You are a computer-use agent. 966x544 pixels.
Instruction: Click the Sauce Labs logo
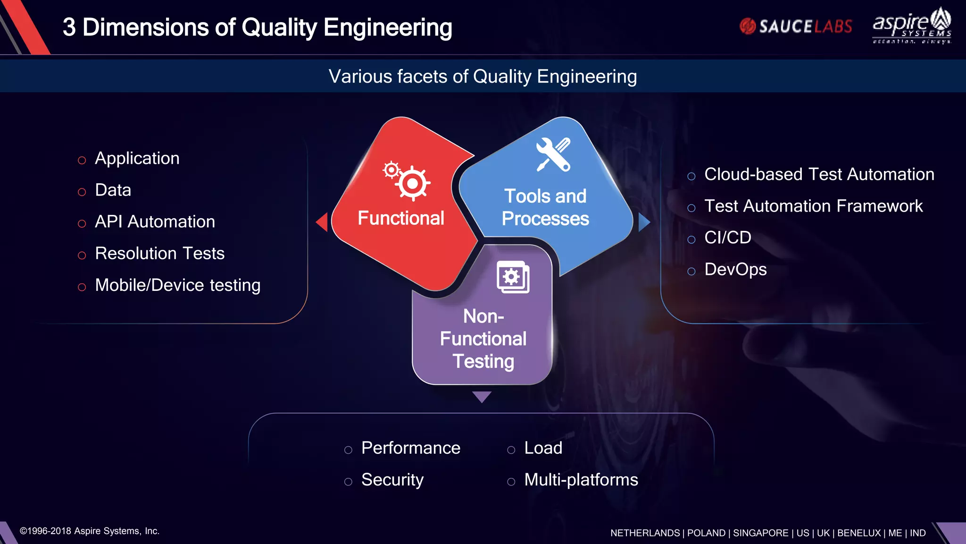coord(796,26)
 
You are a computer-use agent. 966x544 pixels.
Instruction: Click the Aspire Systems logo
coord(912,26)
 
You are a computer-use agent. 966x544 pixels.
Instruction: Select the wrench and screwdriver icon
coord(553,154)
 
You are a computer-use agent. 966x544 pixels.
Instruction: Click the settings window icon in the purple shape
coord(513,277)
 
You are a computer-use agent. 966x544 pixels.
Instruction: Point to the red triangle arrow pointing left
coord(323,222)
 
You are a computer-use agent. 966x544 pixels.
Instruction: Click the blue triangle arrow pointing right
coord(643,222)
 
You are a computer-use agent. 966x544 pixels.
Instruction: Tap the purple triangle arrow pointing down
coord(482,396)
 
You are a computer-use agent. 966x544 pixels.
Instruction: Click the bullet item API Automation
coord(155,221)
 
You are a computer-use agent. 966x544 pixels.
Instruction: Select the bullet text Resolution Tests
coord(159,254)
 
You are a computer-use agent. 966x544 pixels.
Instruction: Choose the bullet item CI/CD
coord(727,238)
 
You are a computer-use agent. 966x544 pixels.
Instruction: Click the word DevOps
coord(735,270)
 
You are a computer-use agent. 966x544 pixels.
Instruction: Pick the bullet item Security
coord(392,480)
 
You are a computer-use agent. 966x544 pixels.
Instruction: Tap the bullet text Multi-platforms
coord(581,480)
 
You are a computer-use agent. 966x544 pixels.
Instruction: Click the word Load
coord(543,448)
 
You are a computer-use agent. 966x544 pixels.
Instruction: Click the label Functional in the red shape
coord(400,218)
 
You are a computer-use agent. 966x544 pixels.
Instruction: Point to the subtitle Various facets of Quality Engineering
coord(483,76)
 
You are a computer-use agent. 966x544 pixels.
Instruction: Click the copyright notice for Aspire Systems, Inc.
coord(90,531)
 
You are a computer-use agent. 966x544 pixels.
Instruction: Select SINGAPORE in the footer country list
coord(760,533)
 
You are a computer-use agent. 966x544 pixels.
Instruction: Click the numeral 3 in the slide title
coord(69,27)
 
